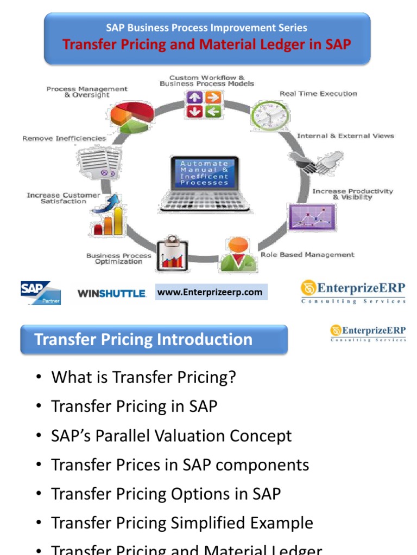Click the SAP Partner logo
click(41, 293)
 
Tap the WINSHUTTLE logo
click(112, 293)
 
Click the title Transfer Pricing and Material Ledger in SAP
click(207, 44)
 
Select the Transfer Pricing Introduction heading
click(143, 340)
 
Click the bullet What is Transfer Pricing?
click(143, 377)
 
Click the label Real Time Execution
click(318, 94)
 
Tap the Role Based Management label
click(307, 254)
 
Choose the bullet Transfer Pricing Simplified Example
click(182, 523)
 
